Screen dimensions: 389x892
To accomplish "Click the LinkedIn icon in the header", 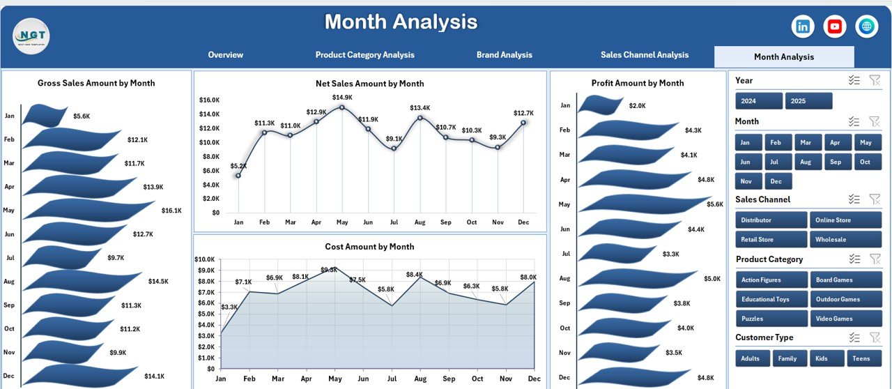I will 803,26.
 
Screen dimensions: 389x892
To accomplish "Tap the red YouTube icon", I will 835,26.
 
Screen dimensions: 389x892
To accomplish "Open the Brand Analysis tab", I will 504,55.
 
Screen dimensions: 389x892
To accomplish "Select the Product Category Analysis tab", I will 364,55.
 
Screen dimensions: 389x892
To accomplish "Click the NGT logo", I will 31,36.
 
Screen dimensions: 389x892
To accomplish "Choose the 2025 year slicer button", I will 808,101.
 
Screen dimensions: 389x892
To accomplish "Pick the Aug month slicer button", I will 806,162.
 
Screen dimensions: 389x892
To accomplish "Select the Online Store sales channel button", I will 845,220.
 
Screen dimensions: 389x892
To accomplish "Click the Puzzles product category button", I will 771,319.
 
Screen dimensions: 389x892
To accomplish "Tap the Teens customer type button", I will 864,358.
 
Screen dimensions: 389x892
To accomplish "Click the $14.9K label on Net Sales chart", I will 342,98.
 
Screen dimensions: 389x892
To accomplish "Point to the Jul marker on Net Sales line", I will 394,148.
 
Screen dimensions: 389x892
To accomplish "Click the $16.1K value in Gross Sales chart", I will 171,211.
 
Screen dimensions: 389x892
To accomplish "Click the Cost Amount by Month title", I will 369,247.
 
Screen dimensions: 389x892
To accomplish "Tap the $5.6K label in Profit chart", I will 714,204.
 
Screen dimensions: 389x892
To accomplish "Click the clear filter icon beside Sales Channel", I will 875,199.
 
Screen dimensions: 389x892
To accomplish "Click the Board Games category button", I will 845,280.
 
